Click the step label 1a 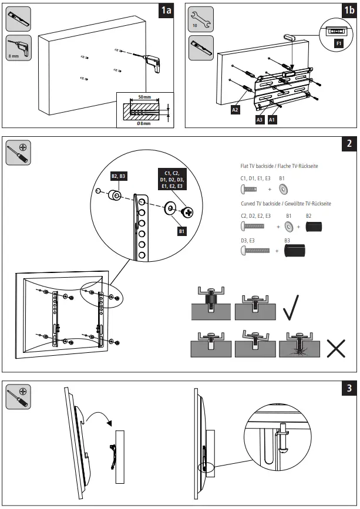[167, 12]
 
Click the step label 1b [345, 12]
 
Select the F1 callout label [339, 43]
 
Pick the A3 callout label [259, 119]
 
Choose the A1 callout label [272, 119]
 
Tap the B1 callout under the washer [181, 231]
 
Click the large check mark [292, 308]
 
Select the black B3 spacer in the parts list [297, 251]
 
